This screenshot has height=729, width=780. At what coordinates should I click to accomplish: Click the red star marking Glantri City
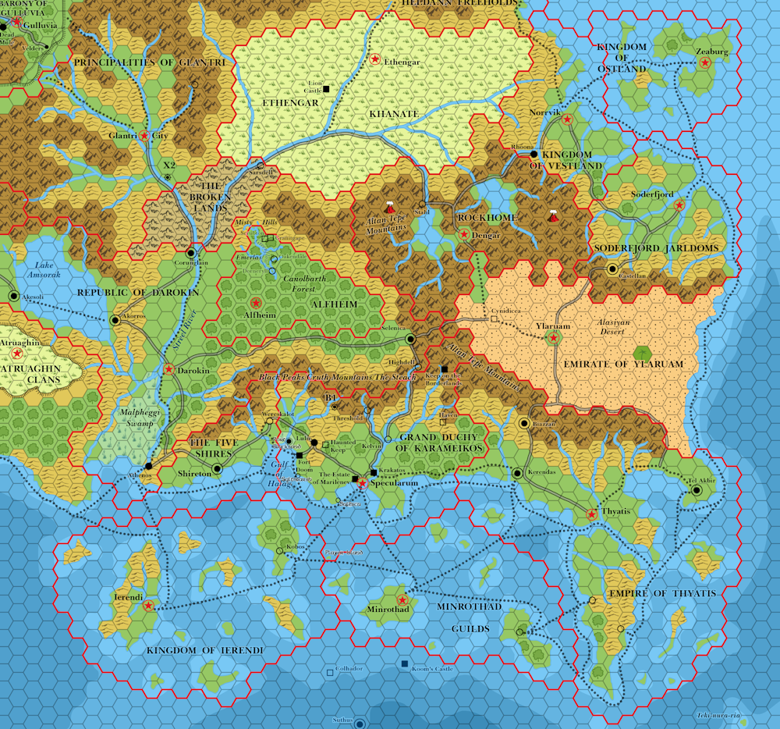144,136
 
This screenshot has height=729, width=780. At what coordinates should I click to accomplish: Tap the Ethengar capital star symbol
375,59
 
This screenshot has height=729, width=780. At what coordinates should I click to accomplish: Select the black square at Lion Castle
326,89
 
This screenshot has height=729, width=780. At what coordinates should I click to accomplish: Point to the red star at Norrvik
567,119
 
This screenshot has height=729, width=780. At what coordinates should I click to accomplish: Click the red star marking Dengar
464,234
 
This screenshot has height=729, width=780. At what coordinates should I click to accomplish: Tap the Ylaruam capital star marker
553,338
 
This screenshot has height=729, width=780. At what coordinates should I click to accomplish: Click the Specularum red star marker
363,484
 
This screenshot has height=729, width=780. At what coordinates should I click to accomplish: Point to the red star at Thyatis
591,514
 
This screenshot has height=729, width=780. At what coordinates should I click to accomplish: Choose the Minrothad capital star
402,599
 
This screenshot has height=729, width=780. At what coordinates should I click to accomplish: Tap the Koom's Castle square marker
404,663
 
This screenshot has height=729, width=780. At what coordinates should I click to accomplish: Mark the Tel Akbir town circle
697,490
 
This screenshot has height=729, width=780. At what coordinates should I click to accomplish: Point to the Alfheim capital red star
255,302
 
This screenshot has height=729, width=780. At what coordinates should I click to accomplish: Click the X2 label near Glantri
168,165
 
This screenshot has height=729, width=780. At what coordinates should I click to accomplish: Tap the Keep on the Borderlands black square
444,369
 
